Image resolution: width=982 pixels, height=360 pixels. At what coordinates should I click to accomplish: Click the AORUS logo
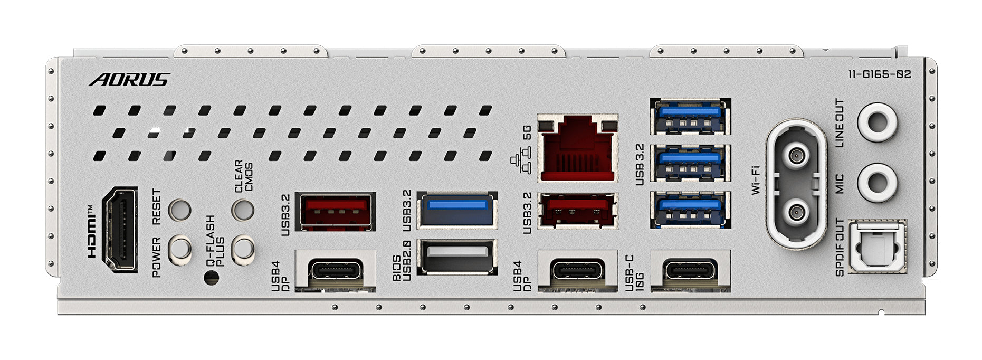pyautogui.click(x=129, y=80)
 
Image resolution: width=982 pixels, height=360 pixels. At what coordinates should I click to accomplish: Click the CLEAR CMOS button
pyautogui.click(x=243, y=210)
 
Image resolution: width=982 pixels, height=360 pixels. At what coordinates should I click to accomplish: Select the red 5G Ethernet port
pyautogui.click(x=577, y=148)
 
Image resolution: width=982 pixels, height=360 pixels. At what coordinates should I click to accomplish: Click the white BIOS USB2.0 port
pyautogui.click(x=457, y=257)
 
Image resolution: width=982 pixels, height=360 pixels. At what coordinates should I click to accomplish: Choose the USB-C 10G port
pyautogui.click(x=690, y=270)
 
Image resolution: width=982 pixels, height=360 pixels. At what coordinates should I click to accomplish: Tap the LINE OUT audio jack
pyautogui.click(x=877, y=121)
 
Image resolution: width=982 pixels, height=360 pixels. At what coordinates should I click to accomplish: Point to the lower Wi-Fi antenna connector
pyautogui.click(x=797, y=213)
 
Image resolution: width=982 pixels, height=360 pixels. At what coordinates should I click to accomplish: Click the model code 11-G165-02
pyautogui.click(x=880, y=74)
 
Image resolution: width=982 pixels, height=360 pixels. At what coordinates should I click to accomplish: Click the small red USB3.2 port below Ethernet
pyautogui.click(x=577, y=211)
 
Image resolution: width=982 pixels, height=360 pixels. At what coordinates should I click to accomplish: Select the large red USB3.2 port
pyautogui.click(x=335, y=211)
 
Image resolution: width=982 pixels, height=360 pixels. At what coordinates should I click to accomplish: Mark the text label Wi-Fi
pyautogui.click(x=756, y=180)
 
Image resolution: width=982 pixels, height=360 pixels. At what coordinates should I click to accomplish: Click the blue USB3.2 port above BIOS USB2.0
pyautogui.click(x=457, y=210)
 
